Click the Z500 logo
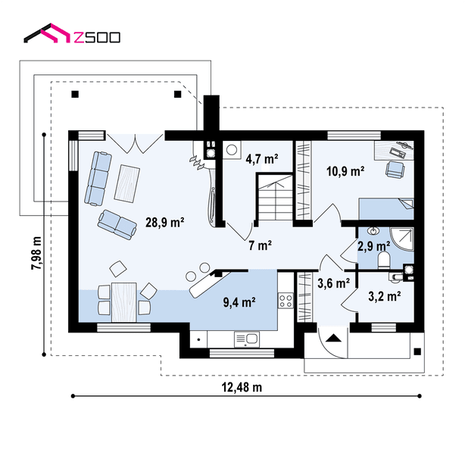coord(72,33)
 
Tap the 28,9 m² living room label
coord(164,222)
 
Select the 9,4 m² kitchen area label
coord(239,302)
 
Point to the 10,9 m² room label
coord(345,171)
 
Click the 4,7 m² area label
coord(262,159)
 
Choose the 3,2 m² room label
coord(385,296)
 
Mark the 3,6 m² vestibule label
coord(334,283)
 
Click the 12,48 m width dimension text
coord(242,387)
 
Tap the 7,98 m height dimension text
coord(36,253)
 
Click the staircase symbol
coord(274,197)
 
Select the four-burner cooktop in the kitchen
coord(286,301)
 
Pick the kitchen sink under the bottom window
coord(247,339)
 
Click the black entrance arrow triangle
coord(334,338)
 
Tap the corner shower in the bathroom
coord(401,239)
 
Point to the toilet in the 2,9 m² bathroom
coord(384,260)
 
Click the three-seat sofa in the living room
coord(98,178)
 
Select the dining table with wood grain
coord(124,302)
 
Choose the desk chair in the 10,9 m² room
coord(395,170)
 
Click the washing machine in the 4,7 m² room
coord(232,150)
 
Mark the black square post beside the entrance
coord(417,351)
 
